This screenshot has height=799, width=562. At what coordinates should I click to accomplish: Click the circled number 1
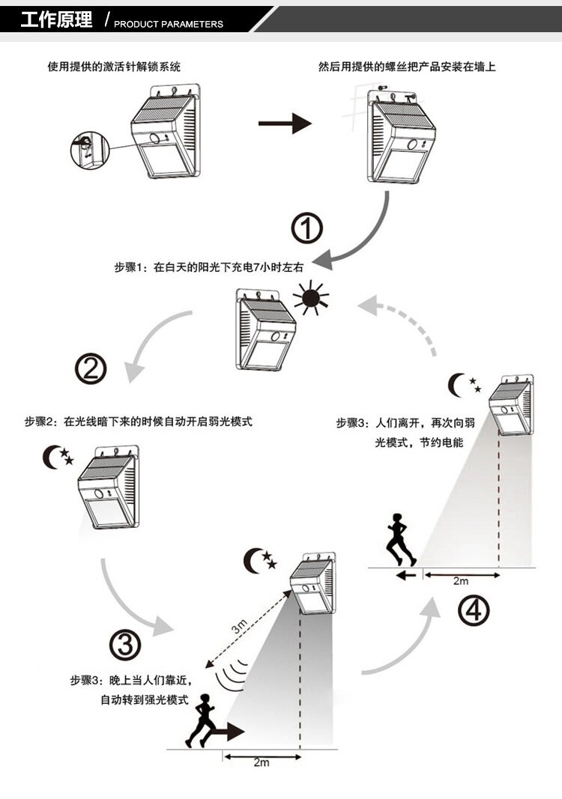(x=306, y=228)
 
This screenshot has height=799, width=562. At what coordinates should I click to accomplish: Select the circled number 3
(x=125, y=642)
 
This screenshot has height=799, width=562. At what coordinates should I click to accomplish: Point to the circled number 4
(x=474, y=611)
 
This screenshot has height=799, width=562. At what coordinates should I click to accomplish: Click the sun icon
(x=312, y=298)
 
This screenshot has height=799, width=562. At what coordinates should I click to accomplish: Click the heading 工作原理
(x=56, y=19)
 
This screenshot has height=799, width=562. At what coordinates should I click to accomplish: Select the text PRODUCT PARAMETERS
(x=169, y=24)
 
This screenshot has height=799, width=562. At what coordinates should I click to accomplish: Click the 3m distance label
(x=239, y=628)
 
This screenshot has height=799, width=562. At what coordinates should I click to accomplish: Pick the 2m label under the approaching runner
(x=261, y=762)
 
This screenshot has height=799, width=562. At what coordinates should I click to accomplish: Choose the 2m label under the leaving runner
(x=461, y=581)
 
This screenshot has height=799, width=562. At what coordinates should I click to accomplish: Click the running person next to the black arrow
(x=202, y=720)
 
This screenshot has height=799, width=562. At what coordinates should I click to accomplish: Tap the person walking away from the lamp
(x=400, y=539)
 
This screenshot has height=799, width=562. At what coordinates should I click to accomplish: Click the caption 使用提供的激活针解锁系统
(x=115, y=67)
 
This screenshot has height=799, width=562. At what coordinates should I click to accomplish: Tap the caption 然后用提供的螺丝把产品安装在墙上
(x=407, y=67)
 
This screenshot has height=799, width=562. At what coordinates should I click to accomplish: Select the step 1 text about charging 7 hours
(x=212, y=266)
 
